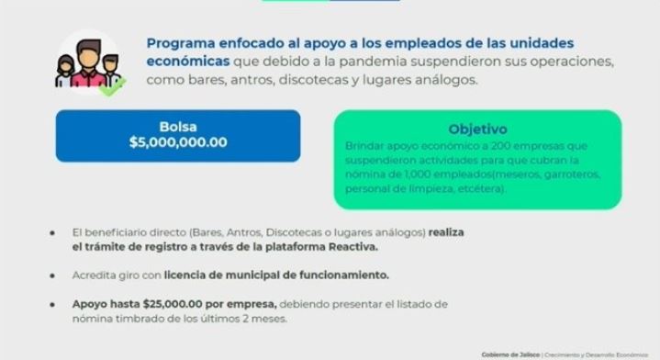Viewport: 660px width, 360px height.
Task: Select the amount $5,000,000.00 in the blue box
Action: click(178, 142)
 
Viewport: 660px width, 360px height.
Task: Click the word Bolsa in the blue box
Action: click(178, 127)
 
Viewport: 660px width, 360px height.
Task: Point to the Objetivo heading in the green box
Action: click(477, 129)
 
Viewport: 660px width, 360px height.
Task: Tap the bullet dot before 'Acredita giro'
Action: click(53, 275)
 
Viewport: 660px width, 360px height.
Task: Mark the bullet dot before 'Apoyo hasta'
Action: click(53, 303)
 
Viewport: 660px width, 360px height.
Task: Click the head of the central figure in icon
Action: click(88, 51)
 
